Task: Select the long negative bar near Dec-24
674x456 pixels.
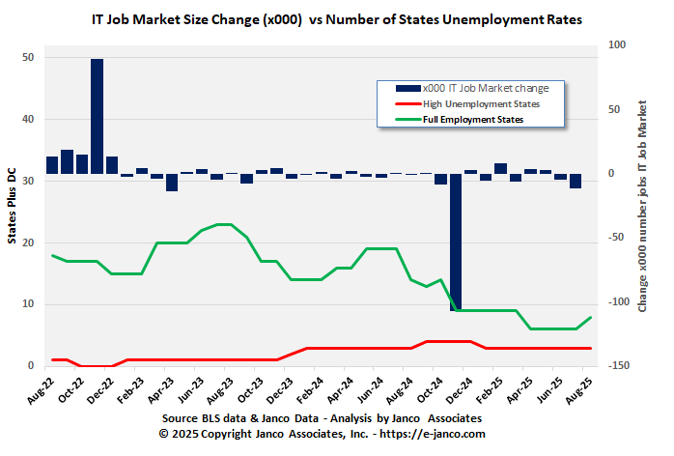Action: click(x=455, y=242)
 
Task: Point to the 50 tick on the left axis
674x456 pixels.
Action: click(x=28, y=58)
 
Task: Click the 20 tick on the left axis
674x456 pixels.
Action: click(x=28, y=242)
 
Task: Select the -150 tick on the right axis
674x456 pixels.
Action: click(x=613, y=366)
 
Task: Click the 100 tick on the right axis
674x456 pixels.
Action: click(x=613, y=44)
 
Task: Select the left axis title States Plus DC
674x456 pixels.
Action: click(x=13, y=207)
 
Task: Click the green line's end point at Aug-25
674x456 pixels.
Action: click(x=590, y=318)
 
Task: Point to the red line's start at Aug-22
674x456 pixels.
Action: click(x=53, y=359)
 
